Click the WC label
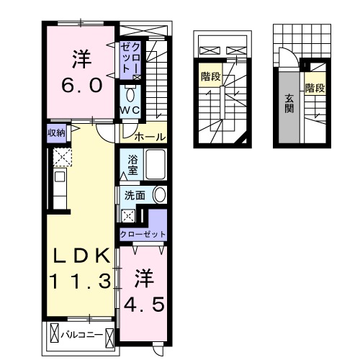[130, 109]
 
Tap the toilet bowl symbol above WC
[130, 94]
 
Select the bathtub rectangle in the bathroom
[156, 166]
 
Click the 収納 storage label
[57, 133]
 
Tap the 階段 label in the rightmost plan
[313, 89]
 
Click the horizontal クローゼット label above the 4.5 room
[143, 235]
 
